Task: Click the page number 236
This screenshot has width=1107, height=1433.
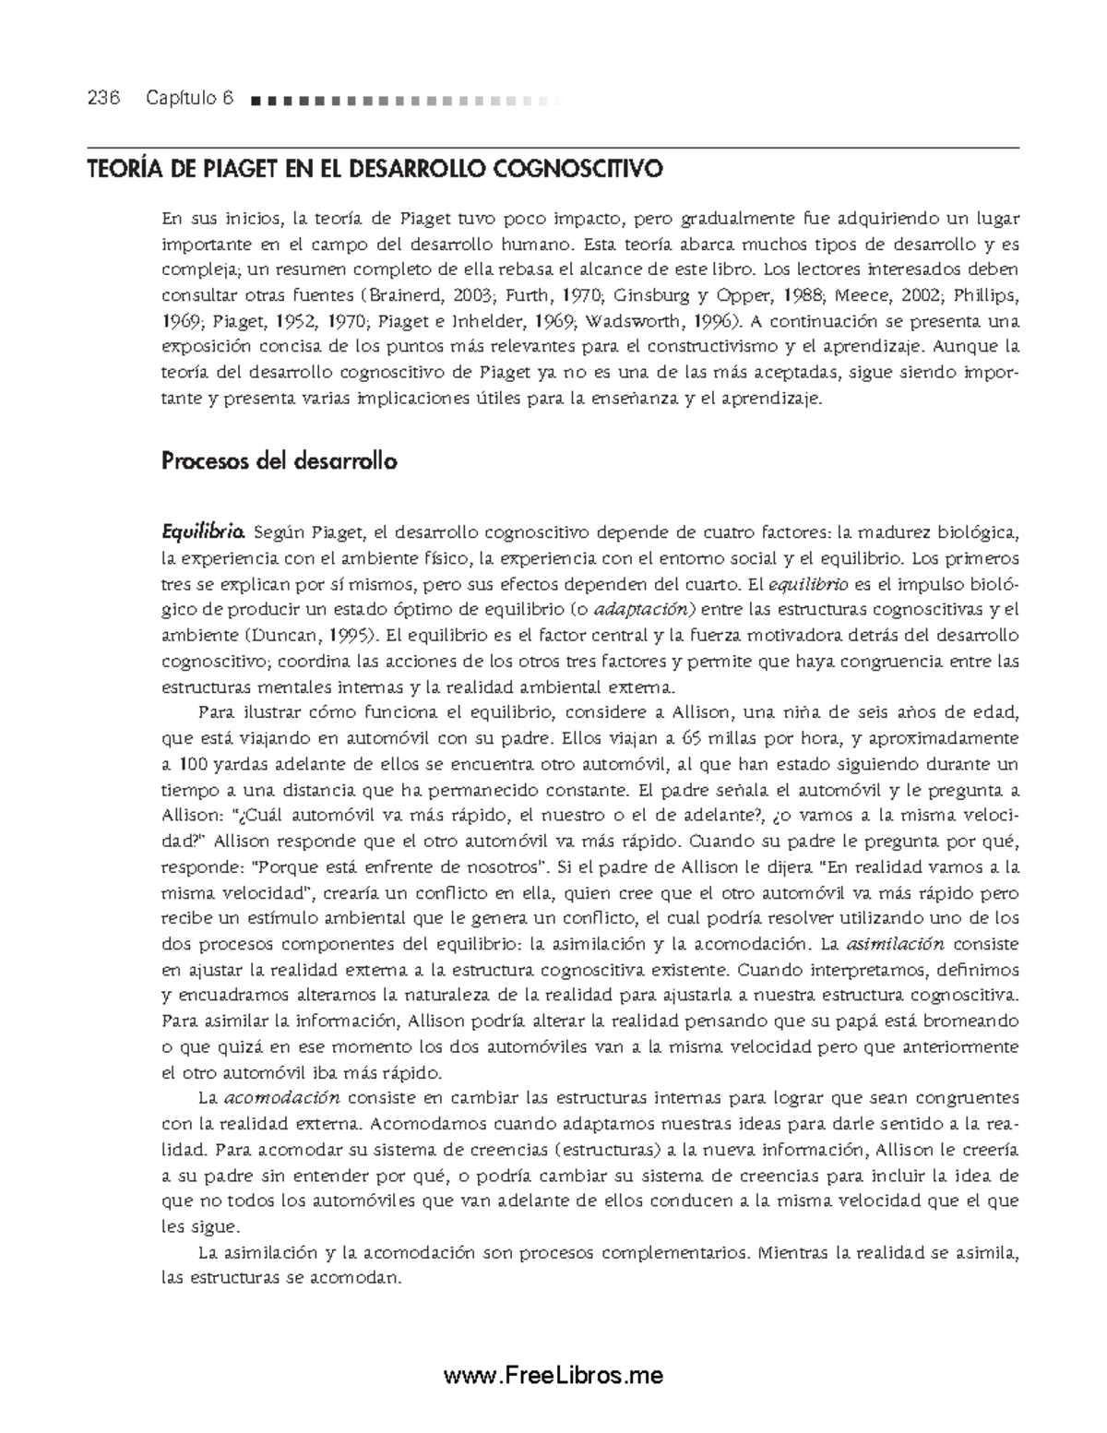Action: [x=104, y=99]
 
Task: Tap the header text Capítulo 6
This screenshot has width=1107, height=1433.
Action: [x=189, y=99]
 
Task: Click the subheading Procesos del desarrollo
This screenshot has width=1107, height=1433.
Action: [x=279, y=460]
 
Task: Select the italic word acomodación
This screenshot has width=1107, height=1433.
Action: [x=282, y=1099]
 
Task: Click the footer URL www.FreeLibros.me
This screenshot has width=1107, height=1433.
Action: [x=553, y=1375]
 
